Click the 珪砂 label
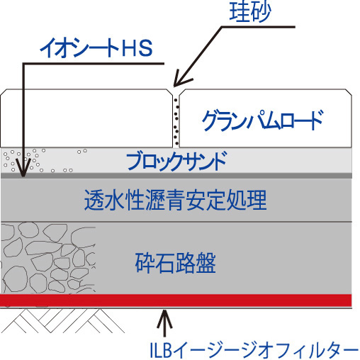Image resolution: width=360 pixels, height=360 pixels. [250, 12]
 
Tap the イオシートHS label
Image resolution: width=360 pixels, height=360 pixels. [96, 48]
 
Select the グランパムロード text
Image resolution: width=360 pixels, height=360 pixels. [262, 120]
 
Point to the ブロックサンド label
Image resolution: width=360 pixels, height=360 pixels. [176, 161]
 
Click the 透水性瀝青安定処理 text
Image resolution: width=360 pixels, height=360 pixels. [176, 200]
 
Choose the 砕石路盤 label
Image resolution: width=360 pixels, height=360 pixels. [175, 263]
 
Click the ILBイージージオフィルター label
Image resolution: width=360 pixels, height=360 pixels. [254, 349]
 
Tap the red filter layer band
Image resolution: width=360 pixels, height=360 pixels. [176, 300]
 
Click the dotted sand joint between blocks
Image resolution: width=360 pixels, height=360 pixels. [176, 121]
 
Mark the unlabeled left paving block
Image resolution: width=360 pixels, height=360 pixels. [86, 118]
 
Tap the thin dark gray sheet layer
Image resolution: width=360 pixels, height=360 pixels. [176, 176]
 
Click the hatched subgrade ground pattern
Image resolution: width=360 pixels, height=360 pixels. [62, 321]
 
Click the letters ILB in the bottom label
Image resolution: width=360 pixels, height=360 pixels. [161, 350]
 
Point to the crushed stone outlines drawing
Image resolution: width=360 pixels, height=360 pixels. [48, 257]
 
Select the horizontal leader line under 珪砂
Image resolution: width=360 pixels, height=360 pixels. [258, 27]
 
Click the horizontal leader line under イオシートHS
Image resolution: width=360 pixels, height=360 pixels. [94, 64]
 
